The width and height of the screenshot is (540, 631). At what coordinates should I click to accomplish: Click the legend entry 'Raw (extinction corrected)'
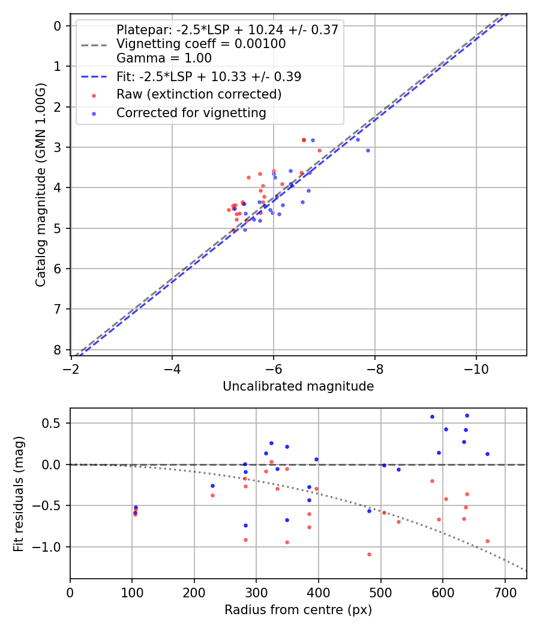199,94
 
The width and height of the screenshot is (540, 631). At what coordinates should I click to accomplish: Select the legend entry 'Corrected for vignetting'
191,112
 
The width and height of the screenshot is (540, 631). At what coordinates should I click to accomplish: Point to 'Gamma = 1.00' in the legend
164,58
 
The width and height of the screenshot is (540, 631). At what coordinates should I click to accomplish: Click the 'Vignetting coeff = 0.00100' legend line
201,44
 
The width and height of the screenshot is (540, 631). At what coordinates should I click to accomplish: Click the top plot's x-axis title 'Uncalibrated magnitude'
298,386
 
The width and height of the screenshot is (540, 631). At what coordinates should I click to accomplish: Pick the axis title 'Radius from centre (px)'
298,610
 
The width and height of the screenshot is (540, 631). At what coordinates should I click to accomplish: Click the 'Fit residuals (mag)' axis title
19,493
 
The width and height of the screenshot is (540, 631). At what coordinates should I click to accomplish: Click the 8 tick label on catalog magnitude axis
58,350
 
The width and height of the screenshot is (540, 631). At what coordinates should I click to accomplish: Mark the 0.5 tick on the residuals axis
54,423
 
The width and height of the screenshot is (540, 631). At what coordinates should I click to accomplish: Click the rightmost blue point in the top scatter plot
368,150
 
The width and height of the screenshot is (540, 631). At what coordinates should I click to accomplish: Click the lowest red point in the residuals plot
369,554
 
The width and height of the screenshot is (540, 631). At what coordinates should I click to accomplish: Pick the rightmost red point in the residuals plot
487,541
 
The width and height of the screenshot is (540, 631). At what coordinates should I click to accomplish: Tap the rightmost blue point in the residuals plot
487,454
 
